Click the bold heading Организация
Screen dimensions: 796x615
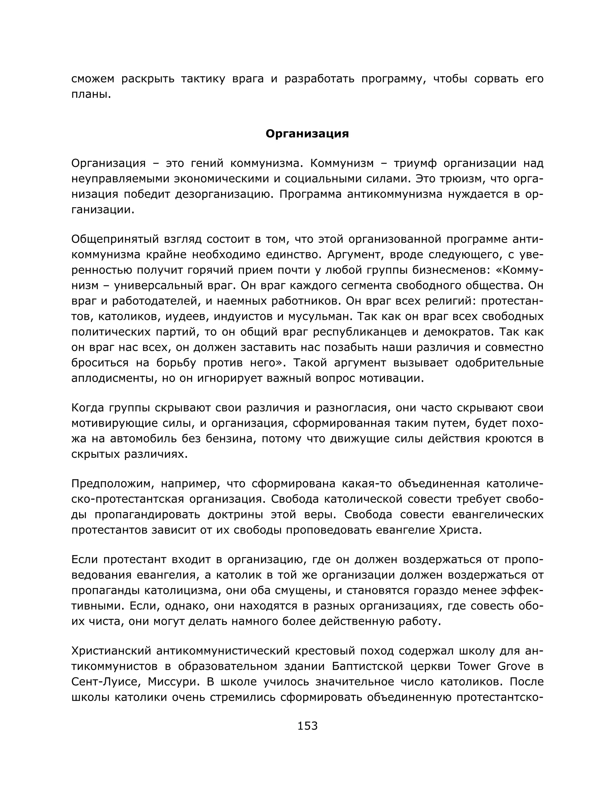tap(307, 134)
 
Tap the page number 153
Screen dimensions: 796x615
tap(307, 726)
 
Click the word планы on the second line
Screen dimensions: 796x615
tap(91, 94)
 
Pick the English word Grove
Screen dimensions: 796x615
tap(514, 666)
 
